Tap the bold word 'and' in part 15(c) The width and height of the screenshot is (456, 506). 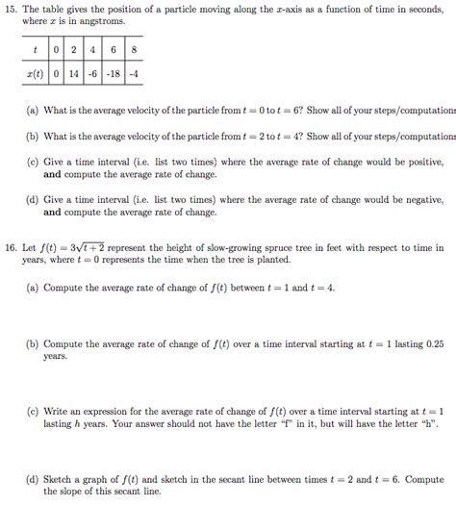click(x=52, y=176)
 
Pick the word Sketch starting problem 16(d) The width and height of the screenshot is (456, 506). click(x=60, y=478)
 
